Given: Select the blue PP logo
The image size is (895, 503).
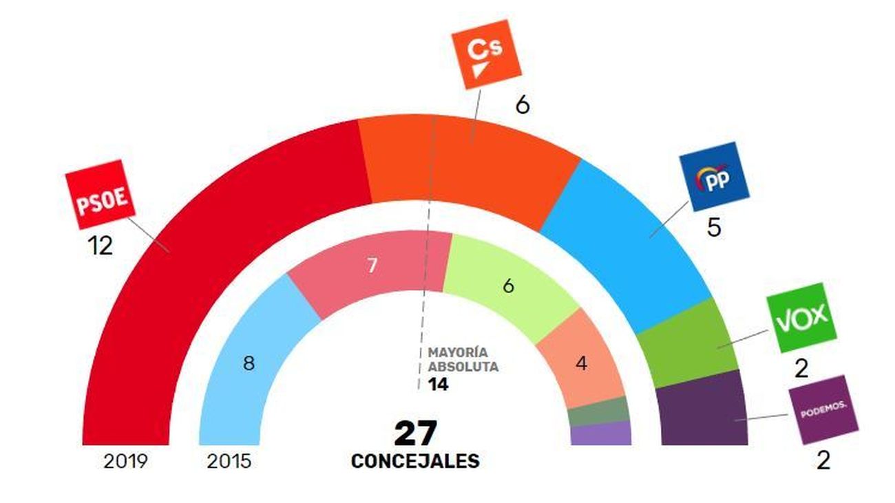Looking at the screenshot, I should coord(713,176).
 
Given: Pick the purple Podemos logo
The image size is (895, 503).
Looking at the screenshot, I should coord(823,410).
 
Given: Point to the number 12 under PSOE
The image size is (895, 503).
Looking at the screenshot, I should coord(101,246).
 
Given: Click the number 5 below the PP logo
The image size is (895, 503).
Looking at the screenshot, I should coord(714,228).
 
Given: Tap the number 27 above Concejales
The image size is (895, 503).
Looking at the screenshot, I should coord(415,434).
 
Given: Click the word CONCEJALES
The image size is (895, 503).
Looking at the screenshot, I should coord(415,461).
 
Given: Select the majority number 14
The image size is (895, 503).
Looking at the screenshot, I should coord(438,385).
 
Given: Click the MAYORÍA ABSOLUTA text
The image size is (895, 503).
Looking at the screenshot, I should coord(463,359).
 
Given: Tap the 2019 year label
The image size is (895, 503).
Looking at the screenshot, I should coord(125,461).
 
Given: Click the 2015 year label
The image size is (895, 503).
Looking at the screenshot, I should coord(229,461).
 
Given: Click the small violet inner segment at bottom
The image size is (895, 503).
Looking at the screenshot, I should coord(601,434).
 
